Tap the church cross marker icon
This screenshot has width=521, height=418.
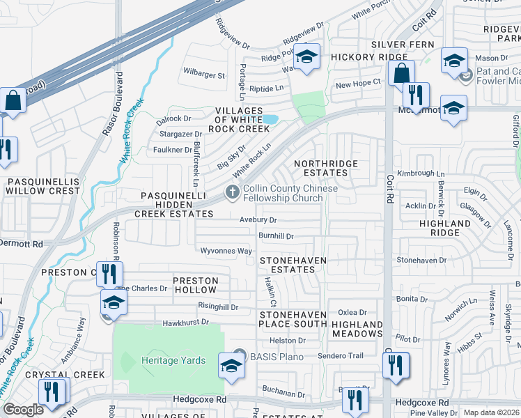click(x=232, y=192)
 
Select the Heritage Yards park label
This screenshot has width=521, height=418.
click(x=173, y=360)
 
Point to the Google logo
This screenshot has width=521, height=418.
click(x=23, y=410)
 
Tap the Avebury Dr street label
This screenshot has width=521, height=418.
click(x=258, y=219)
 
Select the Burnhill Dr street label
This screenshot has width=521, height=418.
click(x=276, y=236)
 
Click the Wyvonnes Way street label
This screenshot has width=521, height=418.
click(x=226, y=251)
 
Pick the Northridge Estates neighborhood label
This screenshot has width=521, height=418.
click(x=326, y=168)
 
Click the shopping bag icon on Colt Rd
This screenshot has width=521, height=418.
click(x=401, y=72)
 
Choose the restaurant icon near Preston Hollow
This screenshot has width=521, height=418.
click(x=109, y=274)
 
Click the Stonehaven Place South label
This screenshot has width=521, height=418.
click(x=293, y=320)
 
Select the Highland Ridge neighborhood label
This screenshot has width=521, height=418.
click(x=445, y=229)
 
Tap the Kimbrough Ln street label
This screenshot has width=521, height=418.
click(x=421, y=173)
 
